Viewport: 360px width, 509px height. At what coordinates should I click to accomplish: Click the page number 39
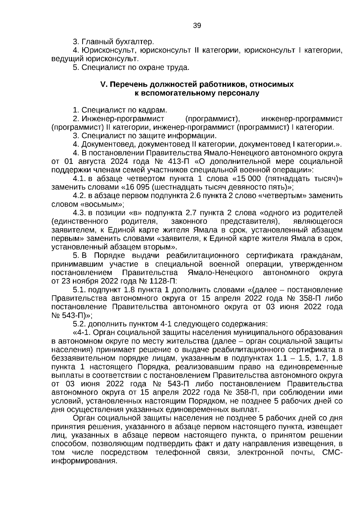(197, 25)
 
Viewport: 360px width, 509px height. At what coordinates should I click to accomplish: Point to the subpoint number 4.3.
(79, 213)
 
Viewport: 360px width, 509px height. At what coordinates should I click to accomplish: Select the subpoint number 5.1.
(79, 290)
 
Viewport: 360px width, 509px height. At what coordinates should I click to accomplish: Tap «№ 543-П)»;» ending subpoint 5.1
(72, 316)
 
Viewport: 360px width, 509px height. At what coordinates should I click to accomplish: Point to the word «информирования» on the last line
(84, 461)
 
